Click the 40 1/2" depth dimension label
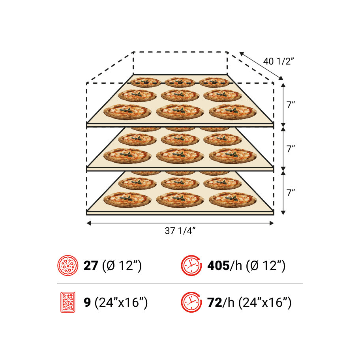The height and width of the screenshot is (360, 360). tap(279, 61)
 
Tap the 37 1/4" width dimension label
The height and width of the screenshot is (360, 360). tap(180, 231)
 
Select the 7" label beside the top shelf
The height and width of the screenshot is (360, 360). tap(291, 105)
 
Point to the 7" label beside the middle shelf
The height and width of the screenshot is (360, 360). tap(291, 149)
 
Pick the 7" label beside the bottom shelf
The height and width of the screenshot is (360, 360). tap(291, 193)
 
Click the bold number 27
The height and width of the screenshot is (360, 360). tap(91, 266)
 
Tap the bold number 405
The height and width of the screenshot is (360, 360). tap(218, 266)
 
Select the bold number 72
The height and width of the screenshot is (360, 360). tap(215, 302)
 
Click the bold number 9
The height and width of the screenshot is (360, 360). tap(87, 302)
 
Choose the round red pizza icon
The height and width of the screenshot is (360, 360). tap(68, 265)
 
